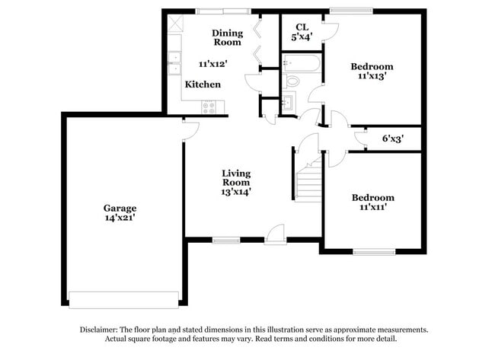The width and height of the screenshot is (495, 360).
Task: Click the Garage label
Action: [120, 208]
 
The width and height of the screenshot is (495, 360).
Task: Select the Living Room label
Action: [236, 177]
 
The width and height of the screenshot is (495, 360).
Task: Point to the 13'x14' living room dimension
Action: [236, 192]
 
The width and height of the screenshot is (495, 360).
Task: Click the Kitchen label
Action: [203, 84]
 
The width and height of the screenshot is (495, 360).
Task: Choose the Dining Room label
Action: [227, 37]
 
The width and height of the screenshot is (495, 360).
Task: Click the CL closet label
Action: [302, 27]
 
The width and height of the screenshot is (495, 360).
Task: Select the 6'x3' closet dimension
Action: [392, 139]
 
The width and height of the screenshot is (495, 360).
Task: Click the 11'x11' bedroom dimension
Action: [372, 207]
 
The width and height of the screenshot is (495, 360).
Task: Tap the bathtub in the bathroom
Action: [302, 62]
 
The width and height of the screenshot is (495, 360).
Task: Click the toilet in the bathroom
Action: [292, 81]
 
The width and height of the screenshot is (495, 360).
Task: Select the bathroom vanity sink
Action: [288, 104]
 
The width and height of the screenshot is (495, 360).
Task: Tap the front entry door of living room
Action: [276, 236]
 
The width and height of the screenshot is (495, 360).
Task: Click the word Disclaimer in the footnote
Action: [102, 330]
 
